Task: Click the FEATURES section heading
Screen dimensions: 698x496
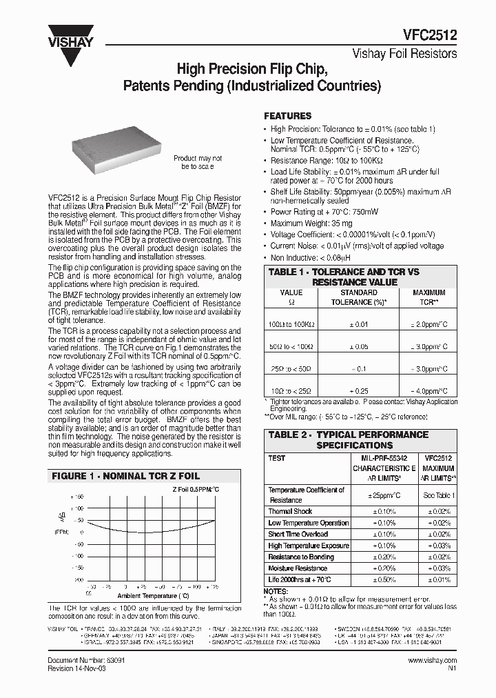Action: tap(288, 116)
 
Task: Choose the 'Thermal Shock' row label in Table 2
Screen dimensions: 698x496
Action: tap(290, 512)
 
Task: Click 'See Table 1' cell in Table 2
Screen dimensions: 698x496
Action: tap(437, 495)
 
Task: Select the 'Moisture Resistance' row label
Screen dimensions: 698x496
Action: tap(298, 568)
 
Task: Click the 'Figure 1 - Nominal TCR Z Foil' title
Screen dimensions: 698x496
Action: tap(127, 476)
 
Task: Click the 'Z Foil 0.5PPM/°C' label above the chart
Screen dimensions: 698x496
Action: tap(196, 489)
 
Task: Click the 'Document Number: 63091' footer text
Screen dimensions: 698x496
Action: tap(85, 660)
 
